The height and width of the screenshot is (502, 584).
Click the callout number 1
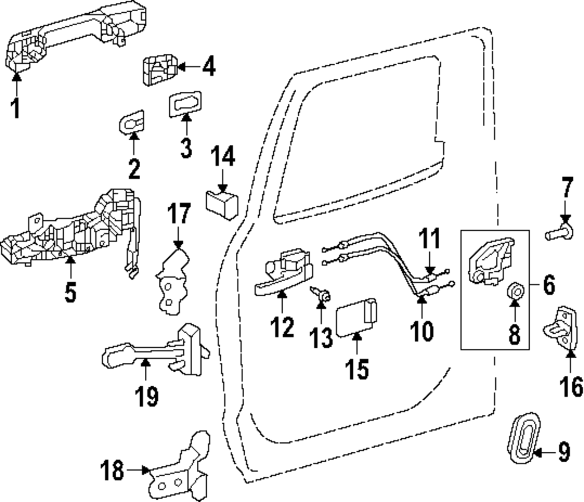click(16, 108)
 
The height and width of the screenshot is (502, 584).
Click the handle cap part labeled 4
click(159, 70)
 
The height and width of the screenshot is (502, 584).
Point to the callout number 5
click(70, 292)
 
